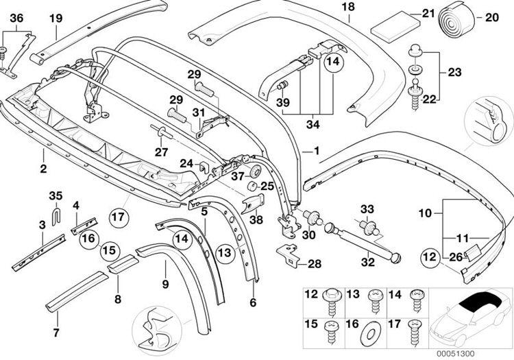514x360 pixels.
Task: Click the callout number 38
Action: tap(255, 220)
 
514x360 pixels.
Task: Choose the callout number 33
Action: tap(368, 208)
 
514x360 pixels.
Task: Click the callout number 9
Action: tap(164, 283)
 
